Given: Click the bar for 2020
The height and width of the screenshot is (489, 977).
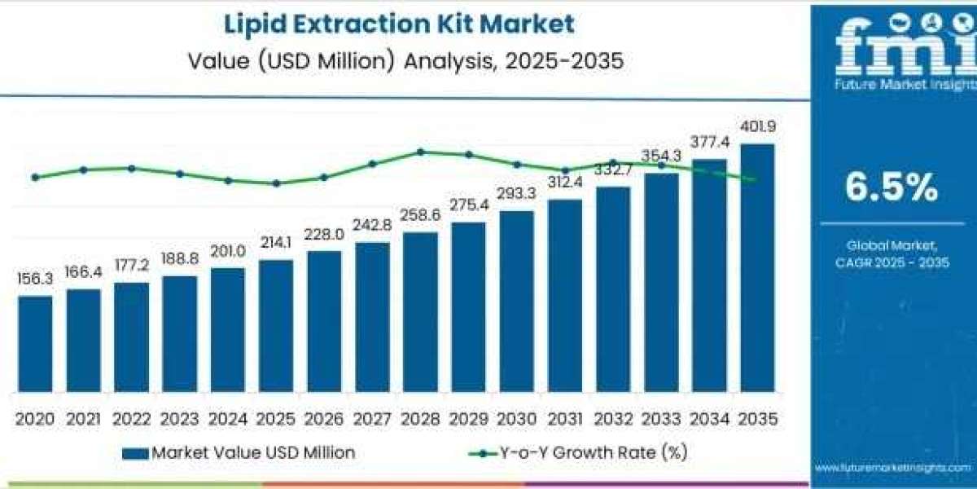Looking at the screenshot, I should pos(35,343).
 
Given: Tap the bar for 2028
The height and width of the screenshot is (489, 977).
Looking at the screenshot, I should pos(420,311).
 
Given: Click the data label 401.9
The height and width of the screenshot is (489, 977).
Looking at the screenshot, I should pos(757,127).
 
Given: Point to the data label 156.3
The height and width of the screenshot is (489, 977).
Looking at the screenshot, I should pos(35,279).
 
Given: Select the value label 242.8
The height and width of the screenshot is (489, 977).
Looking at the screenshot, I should pos(372,225).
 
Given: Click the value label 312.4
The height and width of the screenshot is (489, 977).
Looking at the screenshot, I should pos(565,183).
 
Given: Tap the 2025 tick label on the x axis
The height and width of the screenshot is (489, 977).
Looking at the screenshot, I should pos(276,418).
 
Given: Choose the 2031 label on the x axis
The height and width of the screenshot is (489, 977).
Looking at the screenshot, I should pos(565,418).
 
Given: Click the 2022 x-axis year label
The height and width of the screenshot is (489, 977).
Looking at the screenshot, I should pos(131,418).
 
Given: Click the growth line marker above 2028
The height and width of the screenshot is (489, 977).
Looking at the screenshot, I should pos(420,152).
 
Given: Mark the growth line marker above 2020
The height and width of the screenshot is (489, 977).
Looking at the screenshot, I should pos(35,177).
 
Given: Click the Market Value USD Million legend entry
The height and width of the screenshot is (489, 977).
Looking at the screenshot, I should pos(239,452).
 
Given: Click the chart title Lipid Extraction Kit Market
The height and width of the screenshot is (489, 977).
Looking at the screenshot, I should pos(398,24).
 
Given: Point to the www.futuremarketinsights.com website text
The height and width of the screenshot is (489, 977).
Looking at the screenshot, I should pos(893,468).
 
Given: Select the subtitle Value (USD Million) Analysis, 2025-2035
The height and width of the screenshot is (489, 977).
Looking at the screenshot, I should pos(398,61).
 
